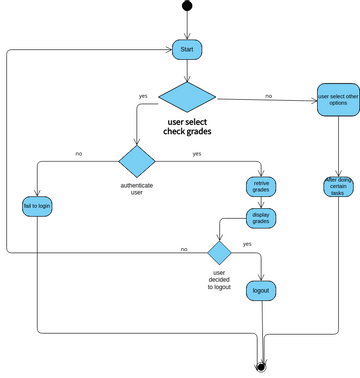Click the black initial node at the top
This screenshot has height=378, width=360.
(186, 6)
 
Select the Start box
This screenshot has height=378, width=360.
(186, 49)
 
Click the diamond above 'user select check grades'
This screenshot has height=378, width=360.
(186, 98)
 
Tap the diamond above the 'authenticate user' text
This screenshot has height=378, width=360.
(137, 161)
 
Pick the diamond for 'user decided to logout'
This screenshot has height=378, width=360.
(219, 250)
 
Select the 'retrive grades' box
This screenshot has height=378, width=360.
(262, 187)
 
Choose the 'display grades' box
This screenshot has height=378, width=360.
(262, 219)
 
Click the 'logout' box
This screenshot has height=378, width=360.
(261, 290)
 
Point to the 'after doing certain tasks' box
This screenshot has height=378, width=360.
(338, 187)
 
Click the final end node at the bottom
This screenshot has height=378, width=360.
(262, 366)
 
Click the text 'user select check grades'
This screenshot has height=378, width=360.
(187, 129)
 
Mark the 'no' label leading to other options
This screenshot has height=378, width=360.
(268, 95)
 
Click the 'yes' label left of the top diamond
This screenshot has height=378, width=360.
(143, 96)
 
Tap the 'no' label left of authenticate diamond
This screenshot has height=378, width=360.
(79, 154)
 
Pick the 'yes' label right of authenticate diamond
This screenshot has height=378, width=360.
(196, 154)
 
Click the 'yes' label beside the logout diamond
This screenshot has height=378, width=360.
(246, 243)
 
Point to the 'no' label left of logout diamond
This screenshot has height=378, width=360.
(184, 249)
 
